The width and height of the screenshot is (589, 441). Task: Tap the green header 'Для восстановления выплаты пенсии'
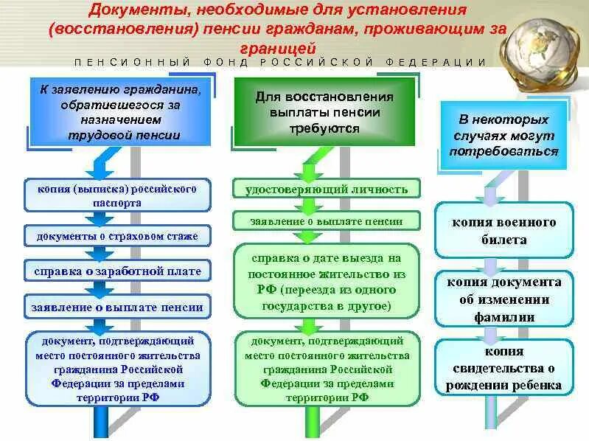click(324, 112)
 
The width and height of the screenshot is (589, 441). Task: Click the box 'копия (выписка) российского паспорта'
click(116, 195)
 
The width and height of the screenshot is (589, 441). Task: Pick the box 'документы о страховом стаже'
click(116, 237)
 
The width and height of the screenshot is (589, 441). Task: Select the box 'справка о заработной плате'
click(116, 271)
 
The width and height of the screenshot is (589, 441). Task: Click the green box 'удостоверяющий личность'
click(327, 190)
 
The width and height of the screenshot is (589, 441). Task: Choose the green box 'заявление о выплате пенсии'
click(327, 221)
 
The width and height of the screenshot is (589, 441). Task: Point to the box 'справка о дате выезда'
click(327, 281)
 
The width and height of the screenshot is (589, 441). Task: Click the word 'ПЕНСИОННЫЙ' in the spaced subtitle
click(133, 63)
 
